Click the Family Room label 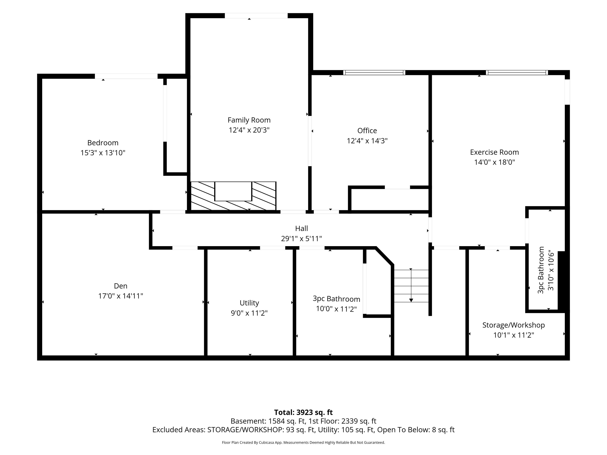249,120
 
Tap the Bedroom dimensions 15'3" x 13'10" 103,153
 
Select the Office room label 367,130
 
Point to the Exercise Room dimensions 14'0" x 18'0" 494,162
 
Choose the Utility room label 249,303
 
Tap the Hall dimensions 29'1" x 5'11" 301,239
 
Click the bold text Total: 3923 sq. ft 303,412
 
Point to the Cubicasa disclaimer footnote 303,442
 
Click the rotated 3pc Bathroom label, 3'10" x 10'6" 546,270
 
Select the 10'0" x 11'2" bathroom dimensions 336,309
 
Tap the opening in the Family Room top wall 256,16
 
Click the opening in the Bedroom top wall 126,76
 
